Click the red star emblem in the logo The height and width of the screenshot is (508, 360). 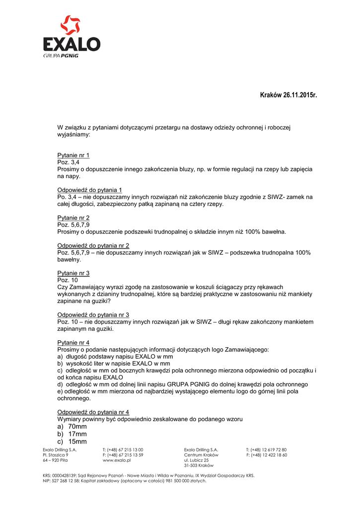(70, 26)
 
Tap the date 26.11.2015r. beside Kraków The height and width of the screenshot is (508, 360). (300, 95)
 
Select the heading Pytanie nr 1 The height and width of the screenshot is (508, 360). (73, 155)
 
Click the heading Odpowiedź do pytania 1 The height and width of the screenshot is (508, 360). (89, 190)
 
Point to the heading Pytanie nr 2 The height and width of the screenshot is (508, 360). (73, 218)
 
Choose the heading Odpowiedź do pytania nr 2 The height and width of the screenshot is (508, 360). (93, 246)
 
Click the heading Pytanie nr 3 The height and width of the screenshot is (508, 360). (73, 273)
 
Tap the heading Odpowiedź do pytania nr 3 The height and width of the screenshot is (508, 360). (93, 315)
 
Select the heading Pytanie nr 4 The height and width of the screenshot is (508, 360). (73, 343)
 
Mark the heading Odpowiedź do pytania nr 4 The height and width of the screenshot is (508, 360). (93, 412)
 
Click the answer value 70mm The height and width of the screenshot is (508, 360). (77, 427)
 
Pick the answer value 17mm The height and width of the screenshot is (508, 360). (77, 434)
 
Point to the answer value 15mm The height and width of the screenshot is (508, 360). (77, 442)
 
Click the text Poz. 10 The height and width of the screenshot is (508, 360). (68, 280)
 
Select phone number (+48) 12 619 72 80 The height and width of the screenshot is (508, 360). (270, 449)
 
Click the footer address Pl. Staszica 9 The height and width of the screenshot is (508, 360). (56, 455)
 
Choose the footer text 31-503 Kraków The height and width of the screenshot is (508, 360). (199, 466)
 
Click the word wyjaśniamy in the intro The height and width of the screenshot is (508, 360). (74, 134)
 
